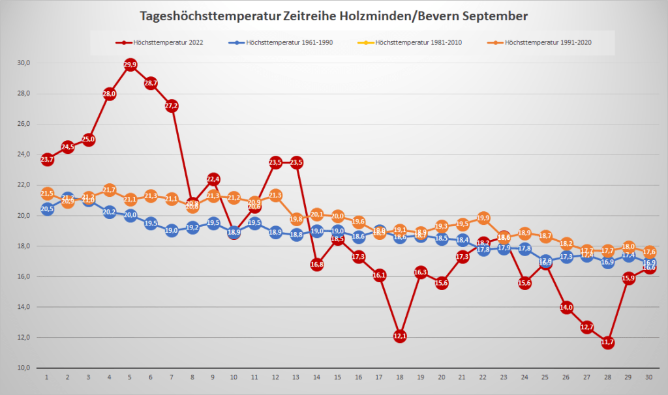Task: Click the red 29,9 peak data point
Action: tap(130, 65)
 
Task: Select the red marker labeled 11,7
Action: tap(608, 342)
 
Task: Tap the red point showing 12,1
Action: tap(400, 336)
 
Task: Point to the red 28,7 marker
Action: tap(151, 83)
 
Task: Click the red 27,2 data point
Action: tap(172, 106)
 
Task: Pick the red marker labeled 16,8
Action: tap(317, 265)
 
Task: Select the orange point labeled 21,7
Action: tap(110, 190)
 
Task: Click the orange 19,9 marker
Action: tap(483, 218)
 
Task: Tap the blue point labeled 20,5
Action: tap(47, 209)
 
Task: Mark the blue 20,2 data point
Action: tap(110, 212)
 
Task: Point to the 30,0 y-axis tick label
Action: tap(24, 63)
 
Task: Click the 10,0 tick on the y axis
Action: tap(24, 368)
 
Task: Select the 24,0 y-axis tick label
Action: tap(24, 154)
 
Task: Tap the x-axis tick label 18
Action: tap(400, 377)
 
